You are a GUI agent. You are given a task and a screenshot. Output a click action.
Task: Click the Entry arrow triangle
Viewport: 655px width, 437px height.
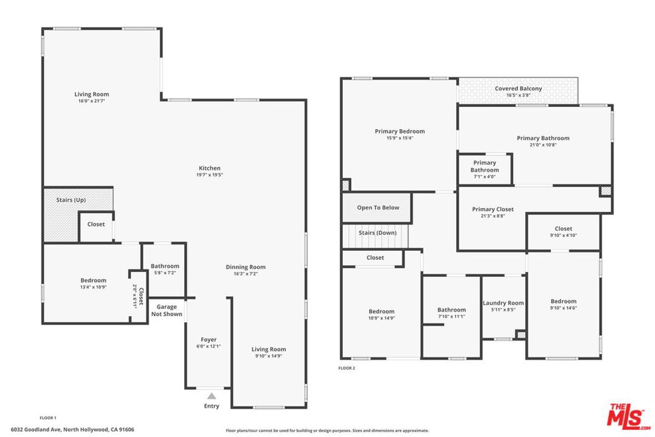click(x=212, y=396)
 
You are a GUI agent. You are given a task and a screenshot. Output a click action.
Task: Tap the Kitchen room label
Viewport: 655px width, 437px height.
click(x=209, y=168)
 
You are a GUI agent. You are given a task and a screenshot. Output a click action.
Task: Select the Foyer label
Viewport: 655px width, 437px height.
click(x=209, y=340)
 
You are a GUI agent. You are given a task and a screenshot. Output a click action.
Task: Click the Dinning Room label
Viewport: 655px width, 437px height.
click(x=246, y=267)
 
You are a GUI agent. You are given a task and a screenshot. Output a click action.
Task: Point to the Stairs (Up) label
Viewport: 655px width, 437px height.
click(x=71, y=200)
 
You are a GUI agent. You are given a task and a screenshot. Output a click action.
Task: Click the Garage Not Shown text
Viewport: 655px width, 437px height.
click(x=167, y=310)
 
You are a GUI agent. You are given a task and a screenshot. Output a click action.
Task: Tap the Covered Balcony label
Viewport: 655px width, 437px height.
click(x=518, y=88)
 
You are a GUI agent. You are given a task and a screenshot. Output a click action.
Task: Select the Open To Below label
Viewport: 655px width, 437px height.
click(x=378, y=207)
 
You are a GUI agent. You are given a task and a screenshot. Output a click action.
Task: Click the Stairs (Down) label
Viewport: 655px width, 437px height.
click(x=377, y=233)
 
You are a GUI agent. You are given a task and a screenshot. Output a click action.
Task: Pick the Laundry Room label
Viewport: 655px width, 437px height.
click(x=503, y=303)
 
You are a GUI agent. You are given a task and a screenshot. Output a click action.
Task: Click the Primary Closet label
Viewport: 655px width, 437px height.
click(x=493, y=209)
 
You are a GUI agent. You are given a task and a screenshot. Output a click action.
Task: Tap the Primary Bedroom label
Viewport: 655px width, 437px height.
click(x=400, y=131)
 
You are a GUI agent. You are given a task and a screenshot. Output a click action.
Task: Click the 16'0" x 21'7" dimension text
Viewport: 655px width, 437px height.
click(x=91, y=101)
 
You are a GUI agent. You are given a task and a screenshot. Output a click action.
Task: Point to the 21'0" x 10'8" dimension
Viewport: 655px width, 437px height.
click(x=543, y=145)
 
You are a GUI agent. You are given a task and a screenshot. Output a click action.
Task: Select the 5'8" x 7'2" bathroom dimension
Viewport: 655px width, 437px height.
click(x=165, y=273)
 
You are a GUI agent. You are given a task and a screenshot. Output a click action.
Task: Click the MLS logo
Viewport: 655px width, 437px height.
click(x=628, y=416)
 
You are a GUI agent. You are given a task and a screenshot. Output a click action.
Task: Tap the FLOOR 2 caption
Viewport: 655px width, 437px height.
click(x=347, y=368)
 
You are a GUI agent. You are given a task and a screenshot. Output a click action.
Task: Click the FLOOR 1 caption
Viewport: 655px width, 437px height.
click(x=48, y=418)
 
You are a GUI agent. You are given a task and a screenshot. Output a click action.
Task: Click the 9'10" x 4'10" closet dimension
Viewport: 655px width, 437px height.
click(x=564, y=235)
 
